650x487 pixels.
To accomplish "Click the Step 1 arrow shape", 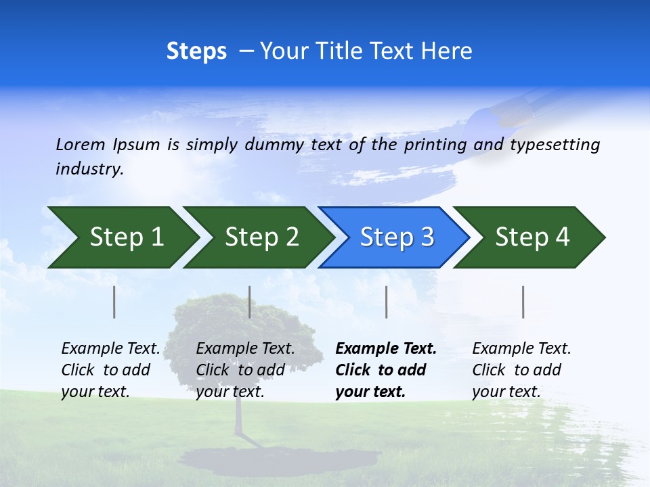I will coord(122,237).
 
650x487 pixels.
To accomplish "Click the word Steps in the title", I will coord(196,51).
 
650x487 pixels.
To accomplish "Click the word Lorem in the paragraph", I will coord(81,144).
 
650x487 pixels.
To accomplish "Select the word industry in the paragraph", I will coord(89,168).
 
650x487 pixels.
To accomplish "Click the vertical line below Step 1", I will coord(114,302).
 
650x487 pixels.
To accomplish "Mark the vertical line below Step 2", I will coord(250,302).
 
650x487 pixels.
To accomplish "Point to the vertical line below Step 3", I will coord(387,302).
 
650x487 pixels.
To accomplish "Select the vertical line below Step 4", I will coord(523,302).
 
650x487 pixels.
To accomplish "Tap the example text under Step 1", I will coord(110,370).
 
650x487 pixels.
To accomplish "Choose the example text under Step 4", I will coord(521,370).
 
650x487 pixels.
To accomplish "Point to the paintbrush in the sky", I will coord(525,108).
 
